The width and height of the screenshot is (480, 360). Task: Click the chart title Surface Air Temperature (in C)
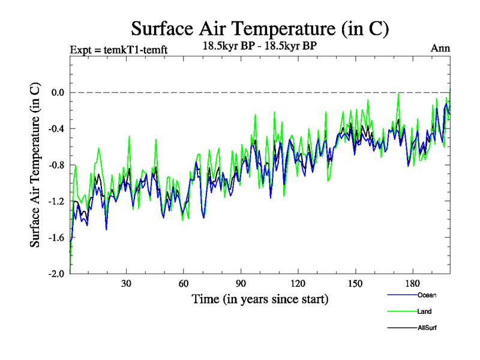[x=260, y=28]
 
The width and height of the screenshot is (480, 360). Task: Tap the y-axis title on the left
[x=35, y=180]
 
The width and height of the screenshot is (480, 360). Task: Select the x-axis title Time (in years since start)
[x=260, y=298]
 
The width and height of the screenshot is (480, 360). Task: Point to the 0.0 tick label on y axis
[x=57, y=92]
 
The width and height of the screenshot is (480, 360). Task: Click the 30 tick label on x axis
[x=127, y=284]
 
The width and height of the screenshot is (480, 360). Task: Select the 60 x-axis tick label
[x=184, y=284]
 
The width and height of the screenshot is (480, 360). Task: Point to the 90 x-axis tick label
[x=241, y=284]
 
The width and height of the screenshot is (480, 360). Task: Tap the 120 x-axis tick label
[x=298, y=284]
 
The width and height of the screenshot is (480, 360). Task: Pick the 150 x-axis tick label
[x=355, y=284]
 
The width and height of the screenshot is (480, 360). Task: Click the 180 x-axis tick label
[x=412, y=284]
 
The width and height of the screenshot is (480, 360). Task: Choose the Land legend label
[x=424, y=312]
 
